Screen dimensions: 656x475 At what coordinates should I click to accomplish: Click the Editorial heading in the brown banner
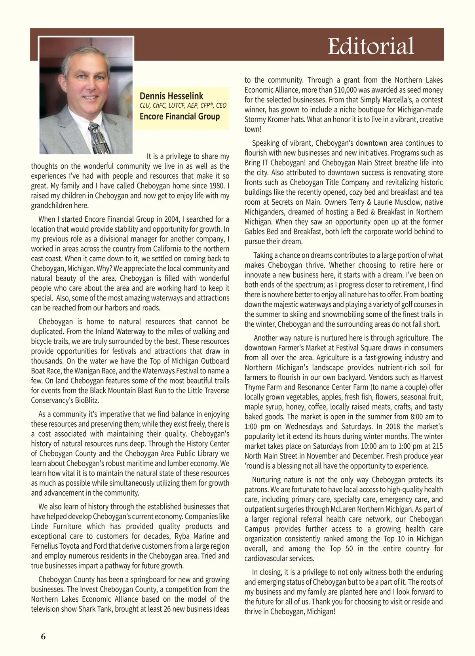(x=371, y=46)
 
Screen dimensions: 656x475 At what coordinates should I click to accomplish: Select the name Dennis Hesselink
(x=171, y=96)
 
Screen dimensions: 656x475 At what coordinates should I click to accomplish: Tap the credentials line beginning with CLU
(x=183, y=106)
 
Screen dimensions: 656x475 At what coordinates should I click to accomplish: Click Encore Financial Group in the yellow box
(x=180, y=116)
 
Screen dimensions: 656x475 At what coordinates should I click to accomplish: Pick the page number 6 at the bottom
(x=43, y=636)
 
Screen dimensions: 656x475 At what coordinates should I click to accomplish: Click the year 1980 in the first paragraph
(x=218, y=186)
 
